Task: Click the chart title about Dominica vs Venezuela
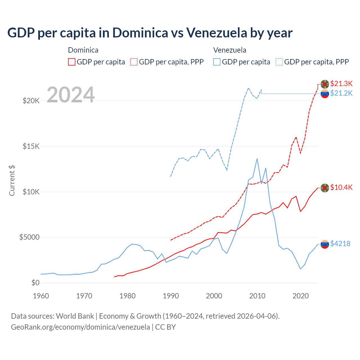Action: pyautogui.click(x=150, y=33)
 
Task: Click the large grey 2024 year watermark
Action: pyautogui.click(x=71, y=95)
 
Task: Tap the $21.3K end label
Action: pyautogui.click(x=341, y=84)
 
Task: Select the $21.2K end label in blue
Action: pyautogui.click(x=341, y=93)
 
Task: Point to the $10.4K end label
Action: pyautogui.click(x=341, y=187)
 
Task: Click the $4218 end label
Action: pyautogui.click(x=340, y=244)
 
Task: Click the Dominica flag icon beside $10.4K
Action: pyautogui.click(x=325, y=188)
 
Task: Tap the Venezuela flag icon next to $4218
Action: pyautogui.click(x=325, y=244)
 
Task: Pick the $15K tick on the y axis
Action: pyautogui.click(x=31, y=146)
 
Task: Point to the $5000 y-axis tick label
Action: pyautogui.click(x=29, y=237)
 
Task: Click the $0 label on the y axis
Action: pyautogui.click(x=35, y=283)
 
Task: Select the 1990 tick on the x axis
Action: pyautogui.click(x=171, y=296)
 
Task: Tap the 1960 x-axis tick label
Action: pyautogui.click(x=41, y=296)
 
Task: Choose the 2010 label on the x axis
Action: pyautogui.click(x=257, y=296)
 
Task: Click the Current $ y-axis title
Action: pyautogui.click(x=12, y=181)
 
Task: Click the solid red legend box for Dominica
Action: pyautogui.click(x=72, y=62)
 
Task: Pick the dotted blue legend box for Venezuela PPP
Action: pyautogui.click(x=279, y=62)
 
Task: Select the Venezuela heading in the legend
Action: pyautogui.click(x=229, y=50)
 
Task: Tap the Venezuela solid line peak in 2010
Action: pyautogui.click(x=257, y=159)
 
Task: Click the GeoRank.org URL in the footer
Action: pyautogui.click(x=80, y=327)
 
